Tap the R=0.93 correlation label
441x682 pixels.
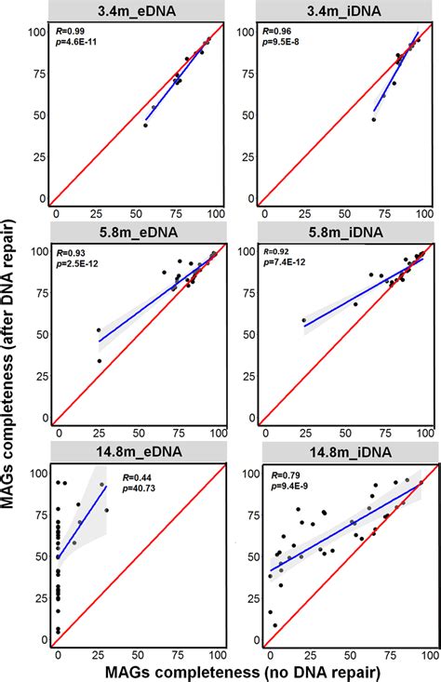(73, 253)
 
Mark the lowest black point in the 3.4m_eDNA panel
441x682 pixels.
(145, 125)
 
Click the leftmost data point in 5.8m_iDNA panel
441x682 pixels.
(302, 321)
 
